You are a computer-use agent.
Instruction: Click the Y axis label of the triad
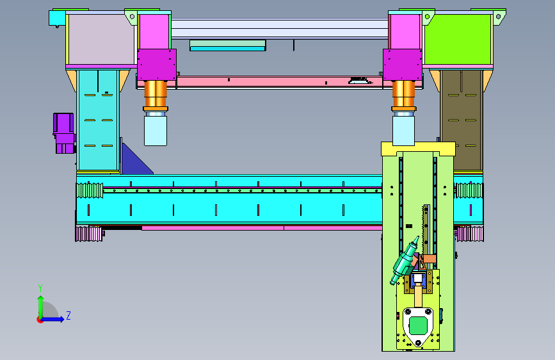pos(40,288)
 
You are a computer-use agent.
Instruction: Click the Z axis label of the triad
pos(68,315)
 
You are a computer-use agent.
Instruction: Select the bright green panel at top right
pos(458,39)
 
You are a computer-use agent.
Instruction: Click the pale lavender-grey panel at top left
pos(102,39)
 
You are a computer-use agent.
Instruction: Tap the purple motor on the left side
pos(64,133)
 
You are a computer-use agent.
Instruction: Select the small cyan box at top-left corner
pos(56,18)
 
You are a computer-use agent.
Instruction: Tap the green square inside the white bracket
pos(418,325)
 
